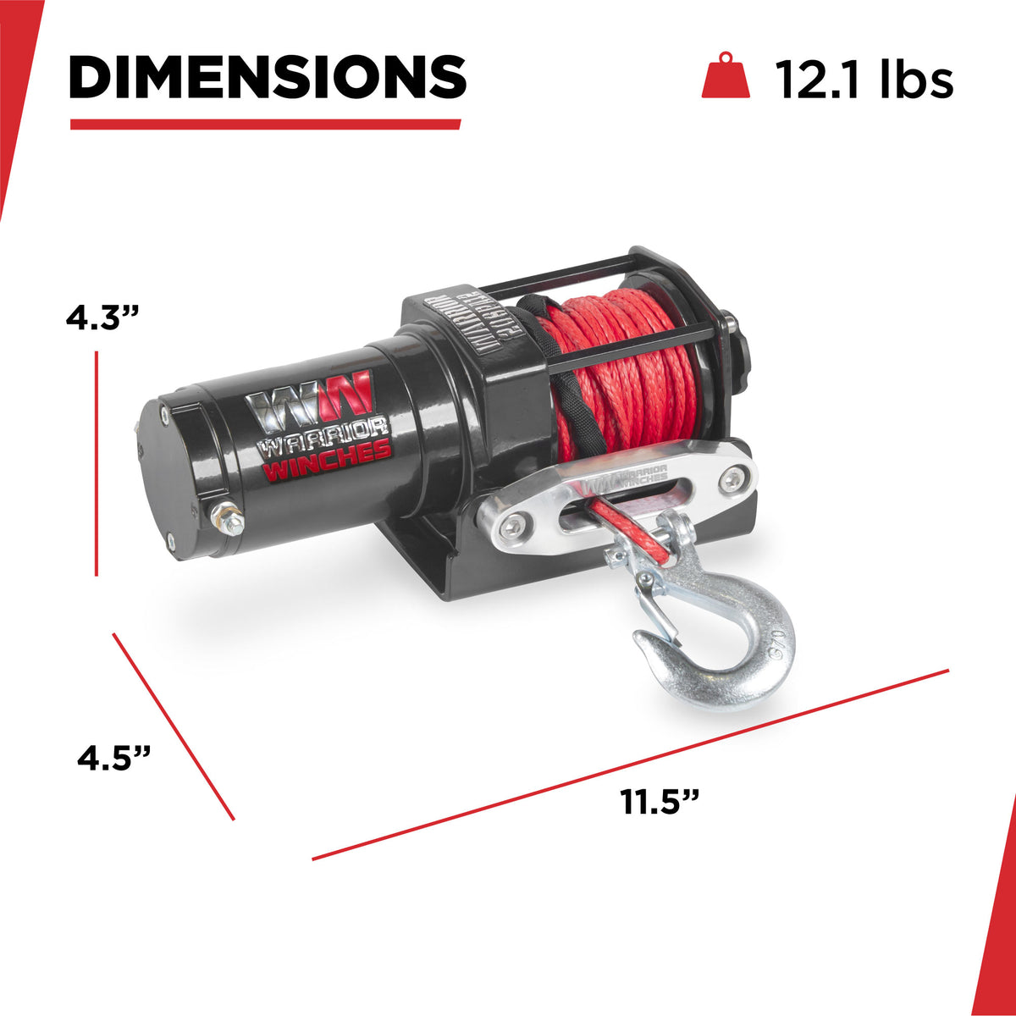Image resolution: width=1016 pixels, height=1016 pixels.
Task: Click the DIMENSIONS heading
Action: coord(267,77)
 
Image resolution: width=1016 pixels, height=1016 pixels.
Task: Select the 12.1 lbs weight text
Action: coord(864,80)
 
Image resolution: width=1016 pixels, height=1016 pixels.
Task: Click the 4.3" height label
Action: coord(102,319)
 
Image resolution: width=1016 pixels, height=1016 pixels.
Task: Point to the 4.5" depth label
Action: coord(114,756)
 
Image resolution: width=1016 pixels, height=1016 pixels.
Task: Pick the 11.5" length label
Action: coord(660,800)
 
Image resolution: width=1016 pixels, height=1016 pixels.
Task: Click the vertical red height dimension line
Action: coord(97,464)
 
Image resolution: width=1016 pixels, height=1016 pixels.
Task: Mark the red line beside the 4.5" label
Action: coord(174,726)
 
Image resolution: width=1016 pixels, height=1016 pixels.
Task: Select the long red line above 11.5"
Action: coord(631,765)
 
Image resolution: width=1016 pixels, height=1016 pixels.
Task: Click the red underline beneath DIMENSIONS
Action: coord(265,124)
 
